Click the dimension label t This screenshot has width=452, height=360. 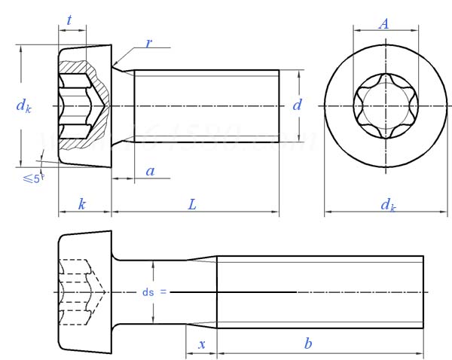(69, 21)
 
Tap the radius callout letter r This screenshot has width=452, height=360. (148, 43)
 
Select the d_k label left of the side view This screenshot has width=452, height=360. (24, 105)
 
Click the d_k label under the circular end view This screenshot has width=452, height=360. (387, 204)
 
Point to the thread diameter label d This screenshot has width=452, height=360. (298, 105)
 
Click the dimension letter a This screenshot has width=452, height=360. (150, 171)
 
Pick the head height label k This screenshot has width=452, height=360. (81, 204)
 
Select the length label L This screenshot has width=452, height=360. (193, 204)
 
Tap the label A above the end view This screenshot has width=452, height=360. (384, 23)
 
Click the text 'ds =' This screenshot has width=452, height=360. (151, 291)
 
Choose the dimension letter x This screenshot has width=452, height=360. (201, 343)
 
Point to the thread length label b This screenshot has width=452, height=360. (307, 343)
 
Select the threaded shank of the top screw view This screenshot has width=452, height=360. (207, 105)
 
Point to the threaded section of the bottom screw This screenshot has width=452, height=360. (320, 291)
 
